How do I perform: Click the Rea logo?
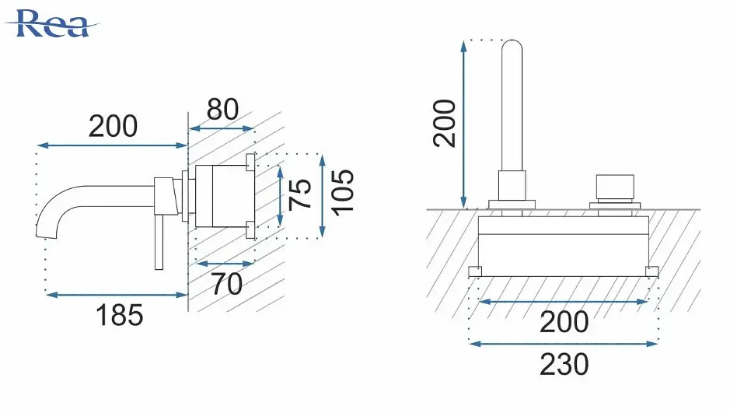pyautogui.click(x=51, y=23)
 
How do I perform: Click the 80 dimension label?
pyautogui.click(x=222, y=109)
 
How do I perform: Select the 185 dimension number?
pyautogui.click(x=119, y=315)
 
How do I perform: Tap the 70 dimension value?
pyautogui.click(x=227, y=283)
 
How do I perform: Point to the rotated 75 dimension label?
pyautogui.click(x=300, y=194)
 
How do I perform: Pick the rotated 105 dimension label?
pyautogui.click(x=343, y=192)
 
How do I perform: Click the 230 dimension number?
pyautogui.click(x=564, y=364)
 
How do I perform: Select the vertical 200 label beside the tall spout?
pyautogui.click(x=444, y=124)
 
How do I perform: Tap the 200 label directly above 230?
pyautogui.click(x=564, y=322)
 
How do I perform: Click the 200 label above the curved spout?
pyautogui.click(x=114, y=126)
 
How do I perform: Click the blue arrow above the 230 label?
pyautogui.click(x=564, y=344)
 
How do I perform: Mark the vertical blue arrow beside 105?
pyautogui.click(x=322, y=197)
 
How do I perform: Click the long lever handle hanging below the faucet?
pyautogui.click(x=159, y=242)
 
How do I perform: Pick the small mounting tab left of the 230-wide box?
pyautogui.click(x=475, y=271)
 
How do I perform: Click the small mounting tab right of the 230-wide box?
pyautogui.click(x=652, y=271)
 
